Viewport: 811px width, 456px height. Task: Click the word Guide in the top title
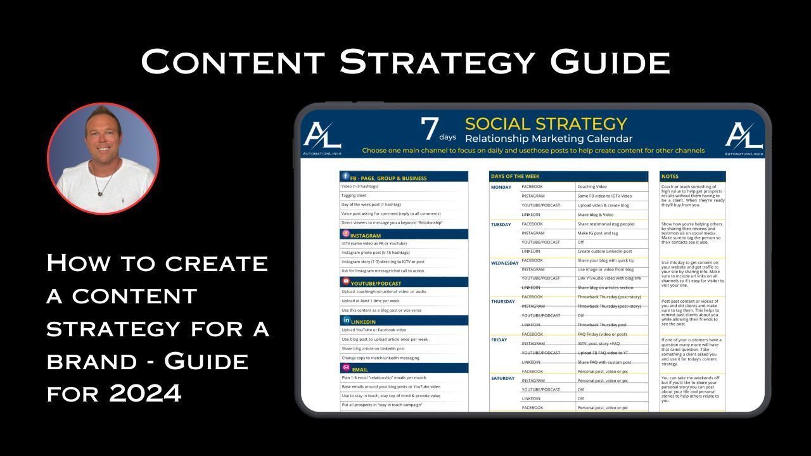coord(610,62)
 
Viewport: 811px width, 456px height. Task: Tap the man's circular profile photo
coord(103,159)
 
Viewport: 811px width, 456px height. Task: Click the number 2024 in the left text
coord(145,393)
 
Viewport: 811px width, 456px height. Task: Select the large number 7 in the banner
coord(430,129)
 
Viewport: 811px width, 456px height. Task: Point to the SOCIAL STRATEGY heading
coord(546,123)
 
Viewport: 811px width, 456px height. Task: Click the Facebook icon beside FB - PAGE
coord(345,177)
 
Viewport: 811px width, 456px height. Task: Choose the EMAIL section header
coord(359,369)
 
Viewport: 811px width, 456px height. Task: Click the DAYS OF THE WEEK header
coord(515,176)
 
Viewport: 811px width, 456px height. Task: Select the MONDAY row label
coord(501,187)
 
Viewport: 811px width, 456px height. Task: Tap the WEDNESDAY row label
coord(505,263)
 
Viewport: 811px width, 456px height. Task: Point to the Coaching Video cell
coord(592,187)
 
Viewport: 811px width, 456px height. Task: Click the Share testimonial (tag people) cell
coord(605,224)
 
